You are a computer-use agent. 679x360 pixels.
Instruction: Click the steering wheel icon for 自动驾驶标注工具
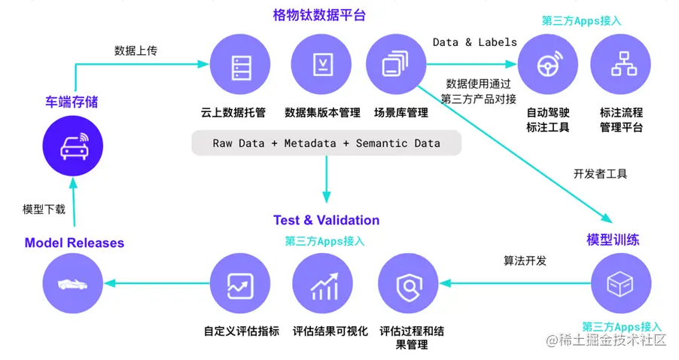pyautogui.click(x=547, y=66)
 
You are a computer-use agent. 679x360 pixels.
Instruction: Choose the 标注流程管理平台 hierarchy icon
pyautogui.click(x=621, y=66)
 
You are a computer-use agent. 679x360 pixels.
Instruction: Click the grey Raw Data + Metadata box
pyautogui.click(x=326, y=143)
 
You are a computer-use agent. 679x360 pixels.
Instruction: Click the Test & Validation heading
pyautogui.click(x=326, y=220)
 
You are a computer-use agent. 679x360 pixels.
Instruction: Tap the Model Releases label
pyautogui.click(x=74, y=243)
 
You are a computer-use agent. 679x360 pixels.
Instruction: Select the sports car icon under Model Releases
pyautogui.click(x=72, y=284)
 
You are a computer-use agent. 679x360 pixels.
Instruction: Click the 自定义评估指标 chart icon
pyautogui.click(x=239, y=285)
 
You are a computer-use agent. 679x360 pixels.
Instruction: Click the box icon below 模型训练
pyautogui.click(x=621, y=284)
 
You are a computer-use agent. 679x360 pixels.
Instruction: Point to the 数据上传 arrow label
pyautogui.click(x=136, y=51)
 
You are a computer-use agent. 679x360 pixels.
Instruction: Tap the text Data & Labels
pyautogui.click(x=474, y=42)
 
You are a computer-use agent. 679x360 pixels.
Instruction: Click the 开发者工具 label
pyautogui.click(x=600, y=173)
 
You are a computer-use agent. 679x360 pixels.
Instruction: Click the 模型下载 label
pyautogui.click(x=44, y=209)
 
